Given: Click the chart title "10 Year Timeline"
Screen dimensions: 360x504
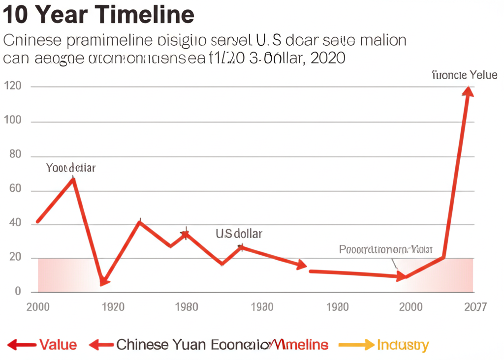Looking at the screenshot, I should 98,15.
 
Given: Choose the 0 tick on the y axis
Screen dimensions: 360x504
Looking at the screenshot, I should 18,292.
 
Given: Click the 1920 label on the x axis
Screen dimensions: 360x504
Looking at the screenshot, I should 112,307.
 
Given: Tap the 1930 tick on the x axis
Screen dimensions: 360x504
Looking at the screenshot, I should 261,307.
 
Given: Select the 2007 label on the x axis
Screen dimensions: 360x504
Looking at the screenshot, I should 475,307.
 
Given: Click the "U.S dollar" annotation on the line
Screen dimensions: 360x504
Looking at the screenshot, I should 239,234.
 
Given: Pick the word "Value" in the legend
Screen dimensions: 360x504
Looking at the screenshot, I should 58,345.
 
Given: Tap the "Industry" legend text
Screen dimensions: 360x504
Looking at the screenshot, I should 403,345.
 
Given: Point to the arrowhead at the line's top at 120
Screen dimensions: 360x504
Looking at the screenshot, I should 468,91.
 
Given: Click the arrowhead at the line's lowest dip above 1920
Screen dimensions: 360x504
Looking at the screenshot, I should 103,281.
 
